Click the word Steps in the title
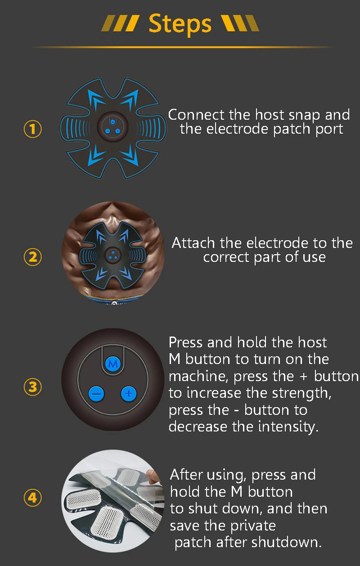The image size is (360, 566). tap(180, 24)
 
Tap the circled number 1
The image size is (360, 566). tap(32, 129)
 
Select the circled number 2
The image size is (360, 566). tap(32, 257)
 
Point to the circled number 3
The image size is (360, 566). tap(32, 387)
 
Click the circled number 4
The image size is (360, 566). tap(32, 498)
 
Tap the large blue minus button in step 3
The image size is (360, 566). tap(96, 394)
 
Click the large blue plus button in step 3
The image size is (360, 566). tap(129, 394)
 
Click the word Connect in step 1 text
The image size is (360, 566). tap(196, 115)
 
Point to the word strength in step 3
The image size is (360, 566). tap(301, 393)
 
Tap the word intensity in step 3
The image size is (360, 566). tap(288, 427)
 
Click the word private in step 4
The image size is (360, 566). tap(253, 526)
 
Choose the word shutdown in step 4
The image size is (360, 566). tap(287, 542)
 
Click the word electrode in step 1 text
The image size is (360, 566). tap(237, 129)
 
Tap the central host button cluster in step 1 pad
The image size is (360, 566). tap(113, 126)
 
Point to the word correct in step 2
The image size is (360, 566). tap(226, 257)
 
